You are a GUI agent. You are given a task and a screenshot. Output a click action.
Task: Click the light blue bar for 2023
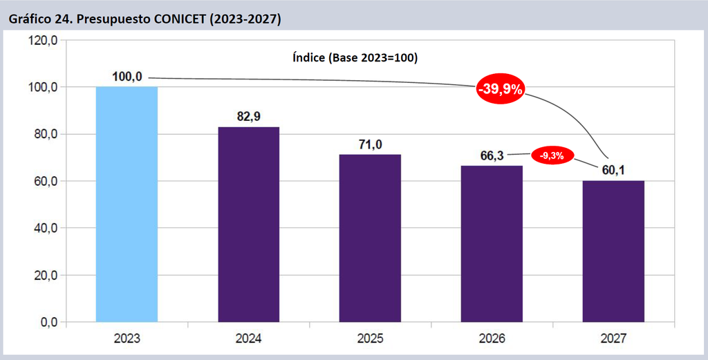127,205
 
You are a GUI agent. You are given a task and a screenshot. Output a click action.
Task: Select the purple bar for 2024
249,225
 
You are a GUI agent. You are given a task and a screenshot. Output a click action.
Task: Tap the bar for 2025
371,238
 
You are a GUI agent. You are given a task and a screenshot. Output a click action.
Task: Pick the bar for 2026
492,244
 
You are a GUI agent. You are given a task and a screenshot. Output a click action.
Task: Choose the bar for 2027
613,252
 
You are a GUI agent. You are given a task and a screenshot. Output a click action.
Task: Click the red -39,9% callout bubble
501,89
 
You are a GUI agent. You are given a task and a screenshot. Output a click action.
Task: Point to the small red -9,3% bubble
552,155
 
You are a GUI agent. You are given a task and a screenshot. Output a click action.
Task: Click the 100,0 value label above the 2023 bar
127,77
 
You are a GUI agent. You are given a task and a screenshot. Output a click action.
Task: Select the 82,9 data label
249,116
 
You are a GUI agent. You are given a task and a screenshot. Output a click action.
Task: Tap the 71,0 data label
371,144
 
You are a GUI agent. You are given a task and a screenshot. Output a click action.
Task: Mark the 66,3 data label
492,156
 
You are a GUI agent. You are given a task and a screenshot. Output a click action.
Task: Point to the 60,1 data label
613,171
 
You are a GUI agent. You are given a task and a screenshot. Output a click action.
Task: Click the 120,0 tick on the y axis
42,41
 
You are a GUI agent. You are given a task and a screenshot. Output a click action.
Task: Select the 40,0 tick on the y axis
46,228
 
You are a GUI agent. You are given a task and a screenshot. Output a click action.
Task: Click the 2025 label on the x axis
371,339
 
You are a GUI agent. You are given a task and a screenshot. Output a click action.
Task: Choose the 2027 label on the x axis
613,339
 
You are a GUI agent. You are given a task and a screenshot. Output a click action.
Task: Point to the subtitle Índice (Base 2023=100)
355,58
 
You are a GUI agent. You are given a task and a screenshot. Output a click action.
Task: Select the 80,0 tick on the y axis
46,135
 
